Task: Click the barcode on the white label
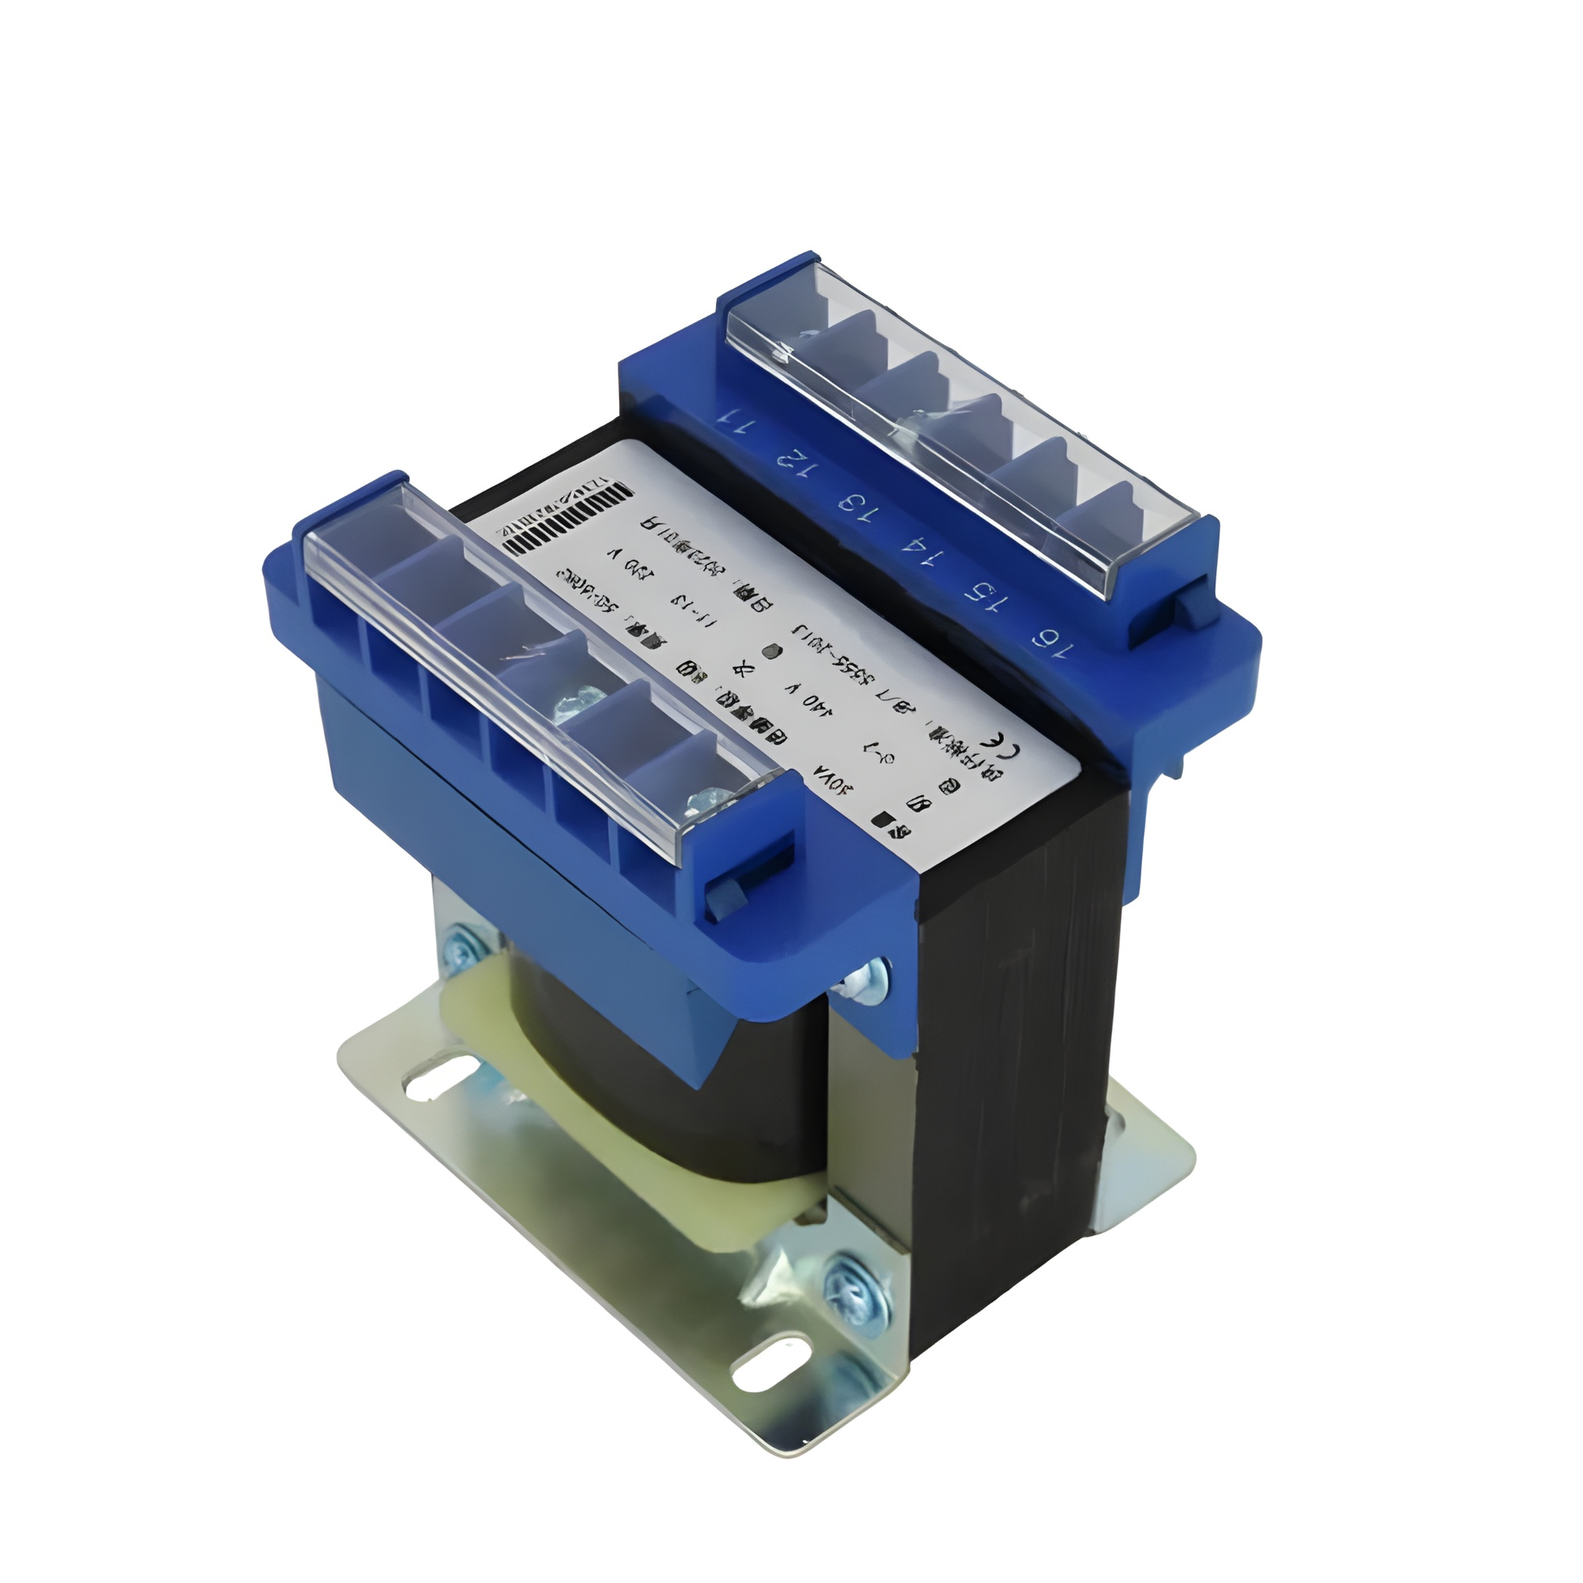coord(565,521)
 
